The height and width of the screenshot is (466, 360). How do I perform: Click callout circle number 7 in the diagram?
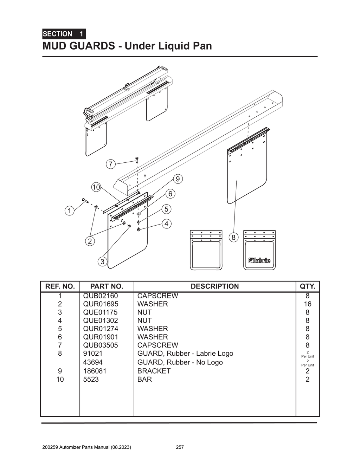coord(110,164)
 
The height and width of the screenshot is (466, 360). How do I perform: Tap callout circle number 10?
coord(96,187)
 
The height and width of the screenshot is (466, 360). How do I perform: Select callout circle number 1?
coord(69,211)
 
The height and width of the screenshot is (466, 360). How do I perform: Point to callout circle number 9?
coord(178,179)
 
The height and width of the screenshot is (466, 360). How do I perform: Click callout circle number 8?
coord(233,237)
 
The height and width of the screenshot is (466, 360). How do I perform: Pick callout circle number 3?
coord(102,261)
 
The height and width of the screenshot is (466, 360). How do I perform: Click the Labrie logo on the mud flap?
coord(259,260)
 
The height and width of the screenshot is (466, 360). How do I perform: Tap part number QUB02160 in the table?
coord(101,296)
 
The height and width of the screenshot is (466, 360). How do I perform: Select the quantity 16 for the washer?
coord(307,304)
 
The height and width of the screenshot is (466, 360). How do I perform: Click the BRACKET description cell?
coord(154,371)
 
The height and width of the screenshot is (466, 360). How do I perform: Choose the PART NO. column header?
coord(107,286)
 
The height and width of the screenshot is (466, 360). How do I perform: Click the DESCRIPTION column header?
coord(214,286)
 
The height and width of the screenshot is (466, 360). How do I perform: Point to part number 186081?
coord(95,371)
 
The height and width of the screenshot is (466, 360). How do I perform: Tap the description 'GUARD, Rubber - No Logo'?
coord(180,362)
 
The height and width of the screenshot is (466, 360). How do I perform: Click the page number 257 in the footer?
coord(180,447)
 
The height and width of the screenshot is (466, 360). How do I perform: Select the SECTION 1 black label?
coord(64,34)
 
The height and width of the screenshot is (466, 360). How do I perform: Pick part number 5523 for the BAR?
coord(91,380)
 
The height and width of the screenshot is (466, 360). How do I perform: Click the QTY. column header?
coord(307,286)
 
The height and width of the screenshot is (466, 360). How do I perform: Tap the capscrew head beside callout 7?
coord(137,159)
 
